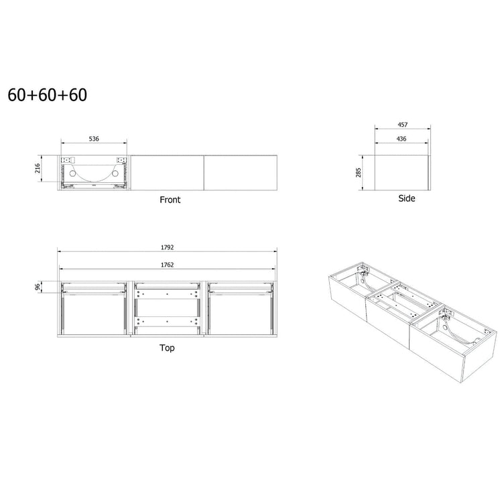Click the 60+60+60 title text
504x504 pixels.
coord(47,95)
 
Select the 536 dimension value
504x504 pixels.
coord(94,139)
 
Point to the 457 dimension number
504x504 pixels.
coord(402,125)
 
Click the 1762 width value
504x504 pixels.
coord(168,264)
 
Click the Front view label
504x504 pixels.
coord(170,200)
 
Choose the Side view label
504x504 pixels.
coord(406,198)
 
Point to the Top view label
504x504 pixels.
coord(168,349)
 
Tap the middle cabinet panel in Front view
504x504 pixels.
coord(167,172)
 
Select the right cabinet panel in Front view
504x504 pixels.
coord(240,172)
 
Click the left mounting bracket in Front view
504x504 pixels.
coord(68,161)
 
